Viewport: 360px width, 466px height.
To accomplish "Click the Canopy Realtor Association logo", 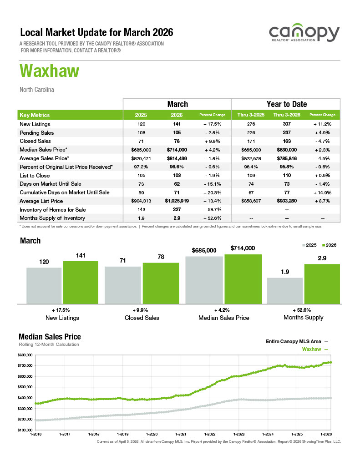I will tap(304, 35).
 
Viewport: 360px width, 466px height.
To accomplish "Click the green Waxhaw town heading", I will tap(49, 71).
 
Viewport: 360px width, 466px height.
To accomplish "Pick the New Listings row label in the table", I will tap(35, 124).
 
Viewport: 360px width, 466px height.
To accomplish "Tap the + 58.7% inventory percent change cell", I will tap(213, 209).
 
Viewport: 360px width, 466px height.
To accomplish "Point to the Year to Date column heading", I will tap(286, 104).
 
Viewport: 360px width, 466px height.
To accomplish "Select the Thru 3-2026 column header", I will tap(286, 115).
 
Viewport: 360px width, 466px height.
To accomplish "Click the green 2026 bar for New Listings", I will tap(81, 282).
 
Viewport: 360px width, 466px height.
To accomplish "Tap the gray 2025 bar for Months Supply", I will tap(285, 290).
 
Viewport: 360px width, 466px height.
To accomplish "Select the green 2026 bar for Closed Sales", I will tap(160, 283).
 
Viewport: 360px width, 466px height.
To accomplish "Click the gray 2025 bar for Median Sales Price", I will tap(204, 280).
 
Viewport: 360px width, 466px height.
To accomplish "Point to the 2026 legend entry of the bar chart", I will tap(329, 245).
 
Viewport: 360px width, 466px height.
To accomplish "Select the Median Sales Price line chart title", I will tap(50, 337).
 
